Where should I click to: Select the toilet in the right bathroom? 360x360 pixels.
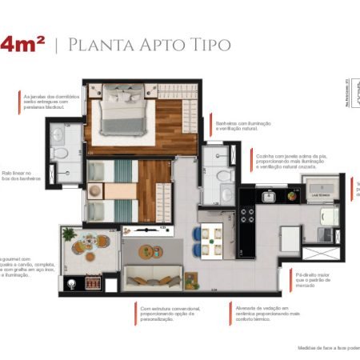point(225,174)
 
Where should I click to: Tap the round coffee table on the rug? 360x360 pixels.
point(150,251)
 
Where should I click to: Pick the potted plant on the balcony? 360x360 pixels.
point(69,234)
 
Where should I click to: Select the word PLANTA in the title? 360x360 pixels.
point(97,43)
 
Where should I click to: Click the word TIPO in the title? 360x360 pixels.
point(208,43)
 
